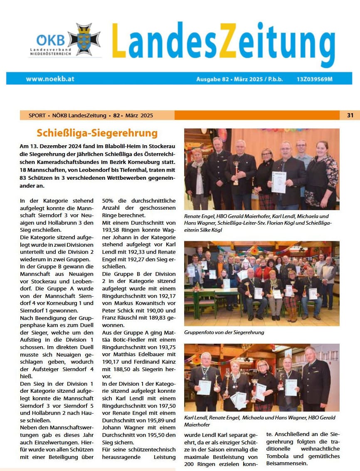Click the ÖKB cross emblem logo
84,40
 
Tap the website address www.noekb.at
50,78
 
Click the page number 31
350,115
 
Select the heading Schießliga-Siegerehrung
97,133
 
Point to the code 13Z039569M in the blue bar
315,78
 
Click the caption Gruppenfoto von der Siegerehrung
224,332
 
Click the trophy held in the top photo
236,172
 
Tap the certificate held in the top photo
279,182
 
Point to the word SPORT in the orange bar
37,115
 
